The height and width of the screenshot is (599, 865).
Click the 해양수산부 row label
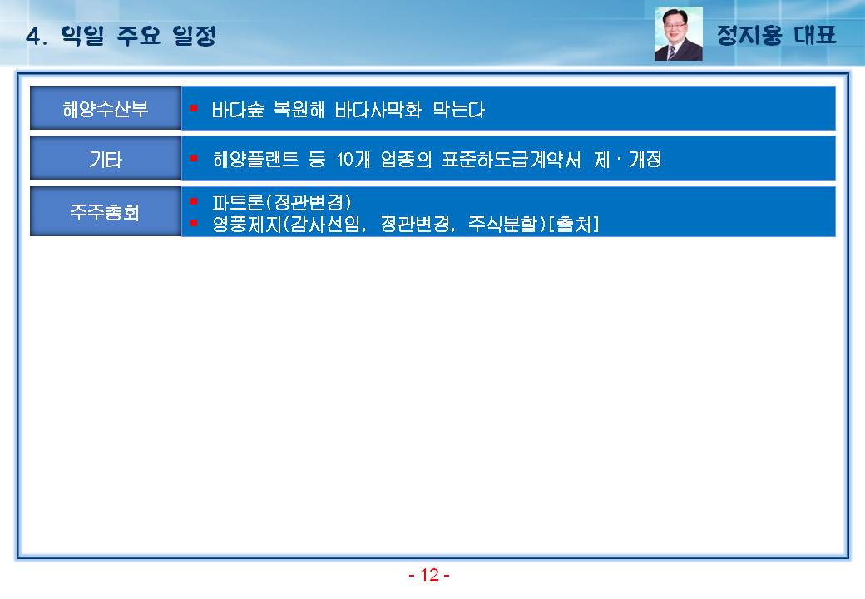tap(106, 109)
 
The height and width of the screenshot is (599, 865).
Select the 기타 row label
tap(106, 160)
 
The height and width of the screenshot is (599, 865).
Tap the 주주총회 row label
tap(105, 212)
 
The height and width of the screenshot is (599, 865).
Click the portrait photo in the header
tap(678, 33)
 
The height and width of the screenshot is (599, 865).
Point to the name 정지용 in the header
tap(749, 35)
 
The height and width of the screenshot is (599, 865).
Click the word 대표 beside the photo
tap(815, 35)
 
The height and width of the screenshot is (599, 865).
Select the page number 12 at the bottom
tap(429, 575)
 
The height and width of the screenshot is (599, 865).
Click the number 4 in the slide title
tap(33, 37)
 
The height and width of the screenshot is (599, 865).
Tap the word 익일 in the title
tap(82, 36)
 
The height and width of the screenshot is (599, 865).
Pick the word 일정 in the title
tap(194, 36)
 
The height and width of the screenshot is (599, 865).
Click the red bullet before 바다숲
tap(194, 108)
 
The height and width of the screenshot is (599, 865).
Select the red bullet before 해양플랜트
tap(194, 158)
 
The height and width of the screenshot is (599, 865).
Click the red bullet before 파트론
tap(194, 201)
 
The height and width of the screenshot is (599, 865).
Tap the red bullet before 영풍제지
tap(194, 223)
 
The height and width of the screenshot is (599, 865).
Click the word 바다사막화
tap(378, 110)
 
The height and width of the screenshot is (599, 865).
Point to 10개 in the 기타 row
tap(353, 160)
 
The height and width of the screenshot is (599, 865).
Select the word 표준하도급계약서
tap(511, 160)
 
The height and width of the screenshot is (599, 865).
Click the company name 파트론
tap(239, 202)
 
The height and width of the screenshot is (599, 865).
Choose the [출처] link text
tap(574, 224)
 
